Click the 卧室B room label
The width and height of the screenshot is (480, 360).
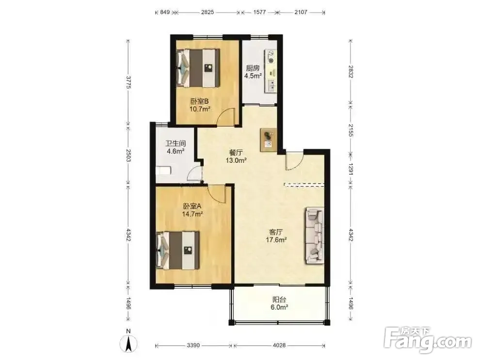[199, 101]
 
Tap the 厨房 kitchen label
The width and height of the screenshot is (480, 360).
[253, 68]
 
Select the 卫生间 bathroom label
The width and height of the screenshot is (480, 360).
[176, 143]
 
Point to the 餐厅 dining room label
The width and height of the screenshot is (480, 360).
[236, 152]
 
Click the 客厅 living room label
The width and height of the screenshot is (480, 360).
[276, 232]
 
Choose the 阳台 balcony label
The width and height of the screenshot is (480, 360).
[279, 300]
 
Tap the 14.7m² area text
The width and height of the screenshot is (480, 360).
[192, 214]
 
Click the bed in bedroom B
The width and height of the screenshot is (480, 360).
[198, 68]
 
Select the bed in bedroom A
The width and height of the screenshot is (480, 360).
[178, 250]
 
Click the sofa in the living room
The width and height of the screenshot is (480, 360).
[314, 235]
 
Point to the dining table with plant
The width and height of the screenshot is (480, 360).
[269, 140]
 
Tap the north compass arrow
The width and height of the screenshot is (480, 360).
[129, 343]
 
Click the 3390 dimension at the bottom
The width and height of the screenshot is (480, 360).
[193, 345]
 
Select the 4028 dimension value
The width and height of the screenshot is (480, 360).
[279, 345]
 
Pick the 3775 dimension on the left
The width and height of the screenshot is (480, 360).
[128, 82]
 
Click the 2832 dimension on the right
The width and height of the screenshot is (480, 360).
[351, 71]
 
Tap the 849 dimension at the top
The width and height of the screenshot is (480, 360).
[165, 12]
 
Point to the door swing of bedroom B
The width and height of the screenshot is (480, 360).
[225, 117]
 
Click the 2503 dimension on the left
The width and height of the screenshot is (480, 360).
[128, 156]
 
